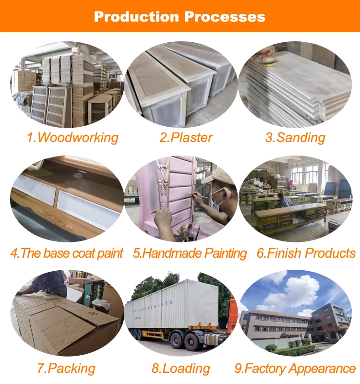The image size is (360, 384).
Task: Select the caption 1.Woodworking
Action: [x=72, y=138]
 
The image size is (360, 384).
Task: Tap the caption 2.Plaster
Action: [x=186, y=138]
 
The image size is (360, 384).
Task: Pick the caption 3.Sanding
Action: [x=295, y=138]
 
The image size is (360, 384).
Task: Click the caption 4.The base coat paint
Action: [x=67, y=253]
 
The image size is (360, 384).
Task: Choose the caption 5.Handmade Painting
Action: [x=190, y=253]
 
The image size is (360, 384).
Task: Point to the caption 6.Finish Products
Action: [x=306, y=253]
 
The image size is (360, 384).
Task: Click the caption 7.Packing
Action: [x=66, y=369]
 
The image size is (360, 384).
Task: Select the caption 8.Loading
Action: [x=181, y=369]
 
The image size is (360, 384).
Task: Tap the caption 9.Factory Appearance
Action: [x=295, y=369]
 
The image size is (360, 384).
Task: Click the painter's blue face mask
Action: [x=217, y=197]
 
